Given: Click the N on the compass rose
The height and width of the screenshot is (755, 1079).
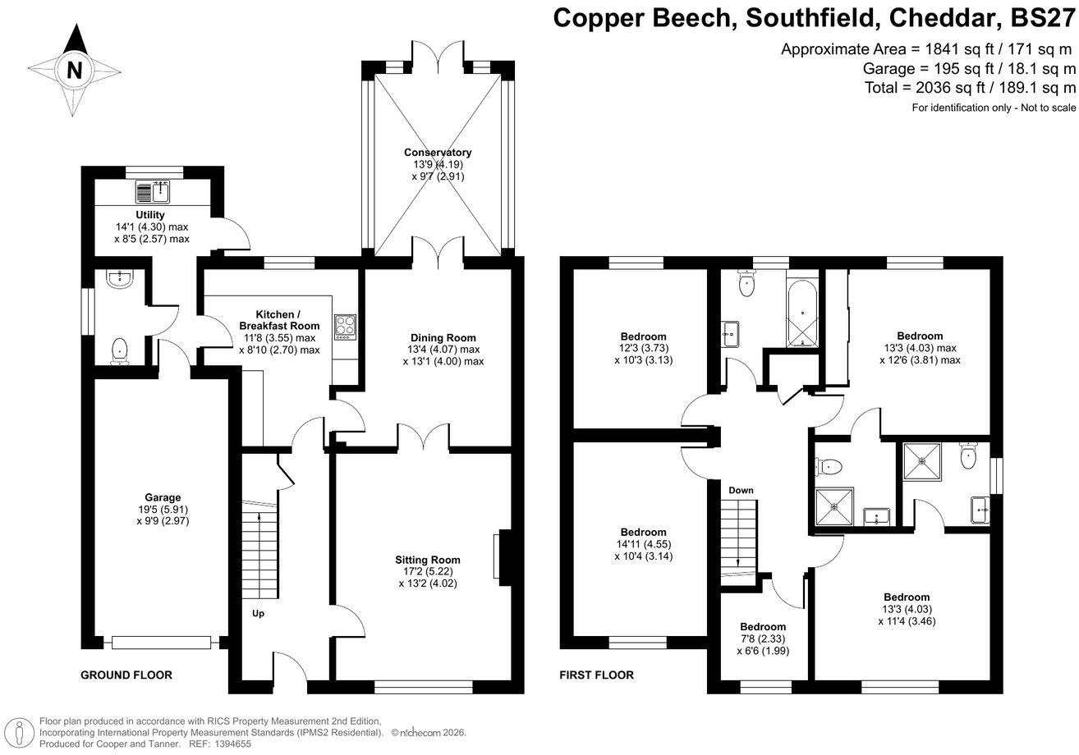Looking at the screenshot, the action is tap(75, 70).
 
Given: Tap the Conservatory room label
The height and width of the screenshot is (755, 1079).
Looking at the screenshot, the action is tap(438, 153).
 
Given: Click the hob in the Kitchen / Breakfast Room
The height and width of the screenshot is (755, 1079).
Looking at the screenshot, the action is tap(345, 327).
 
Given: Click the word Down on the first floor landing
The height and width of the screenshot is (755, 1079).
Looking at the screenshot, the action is tap(741, 490).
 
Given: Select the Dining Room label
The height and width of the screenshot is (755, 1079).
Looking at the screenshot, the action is tap(443, 337).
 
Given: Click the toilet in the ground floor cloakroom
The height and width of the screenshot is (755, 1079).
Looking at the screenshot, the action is tap(121, 350).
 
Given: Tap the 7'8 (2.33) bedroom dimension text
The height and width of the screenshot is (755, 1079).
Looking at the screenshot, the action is tap(763, 639).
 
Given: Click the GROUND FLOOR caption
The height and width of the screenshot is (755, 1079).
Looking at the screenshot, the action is tap(126, 675).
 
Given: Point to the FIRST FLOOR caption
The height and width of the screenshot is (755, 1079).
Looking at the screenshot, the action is tap(597, 675).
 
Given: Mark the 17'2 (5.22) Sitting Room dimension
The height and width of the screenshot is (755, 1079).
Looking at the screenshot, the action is tap(426, 572).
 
